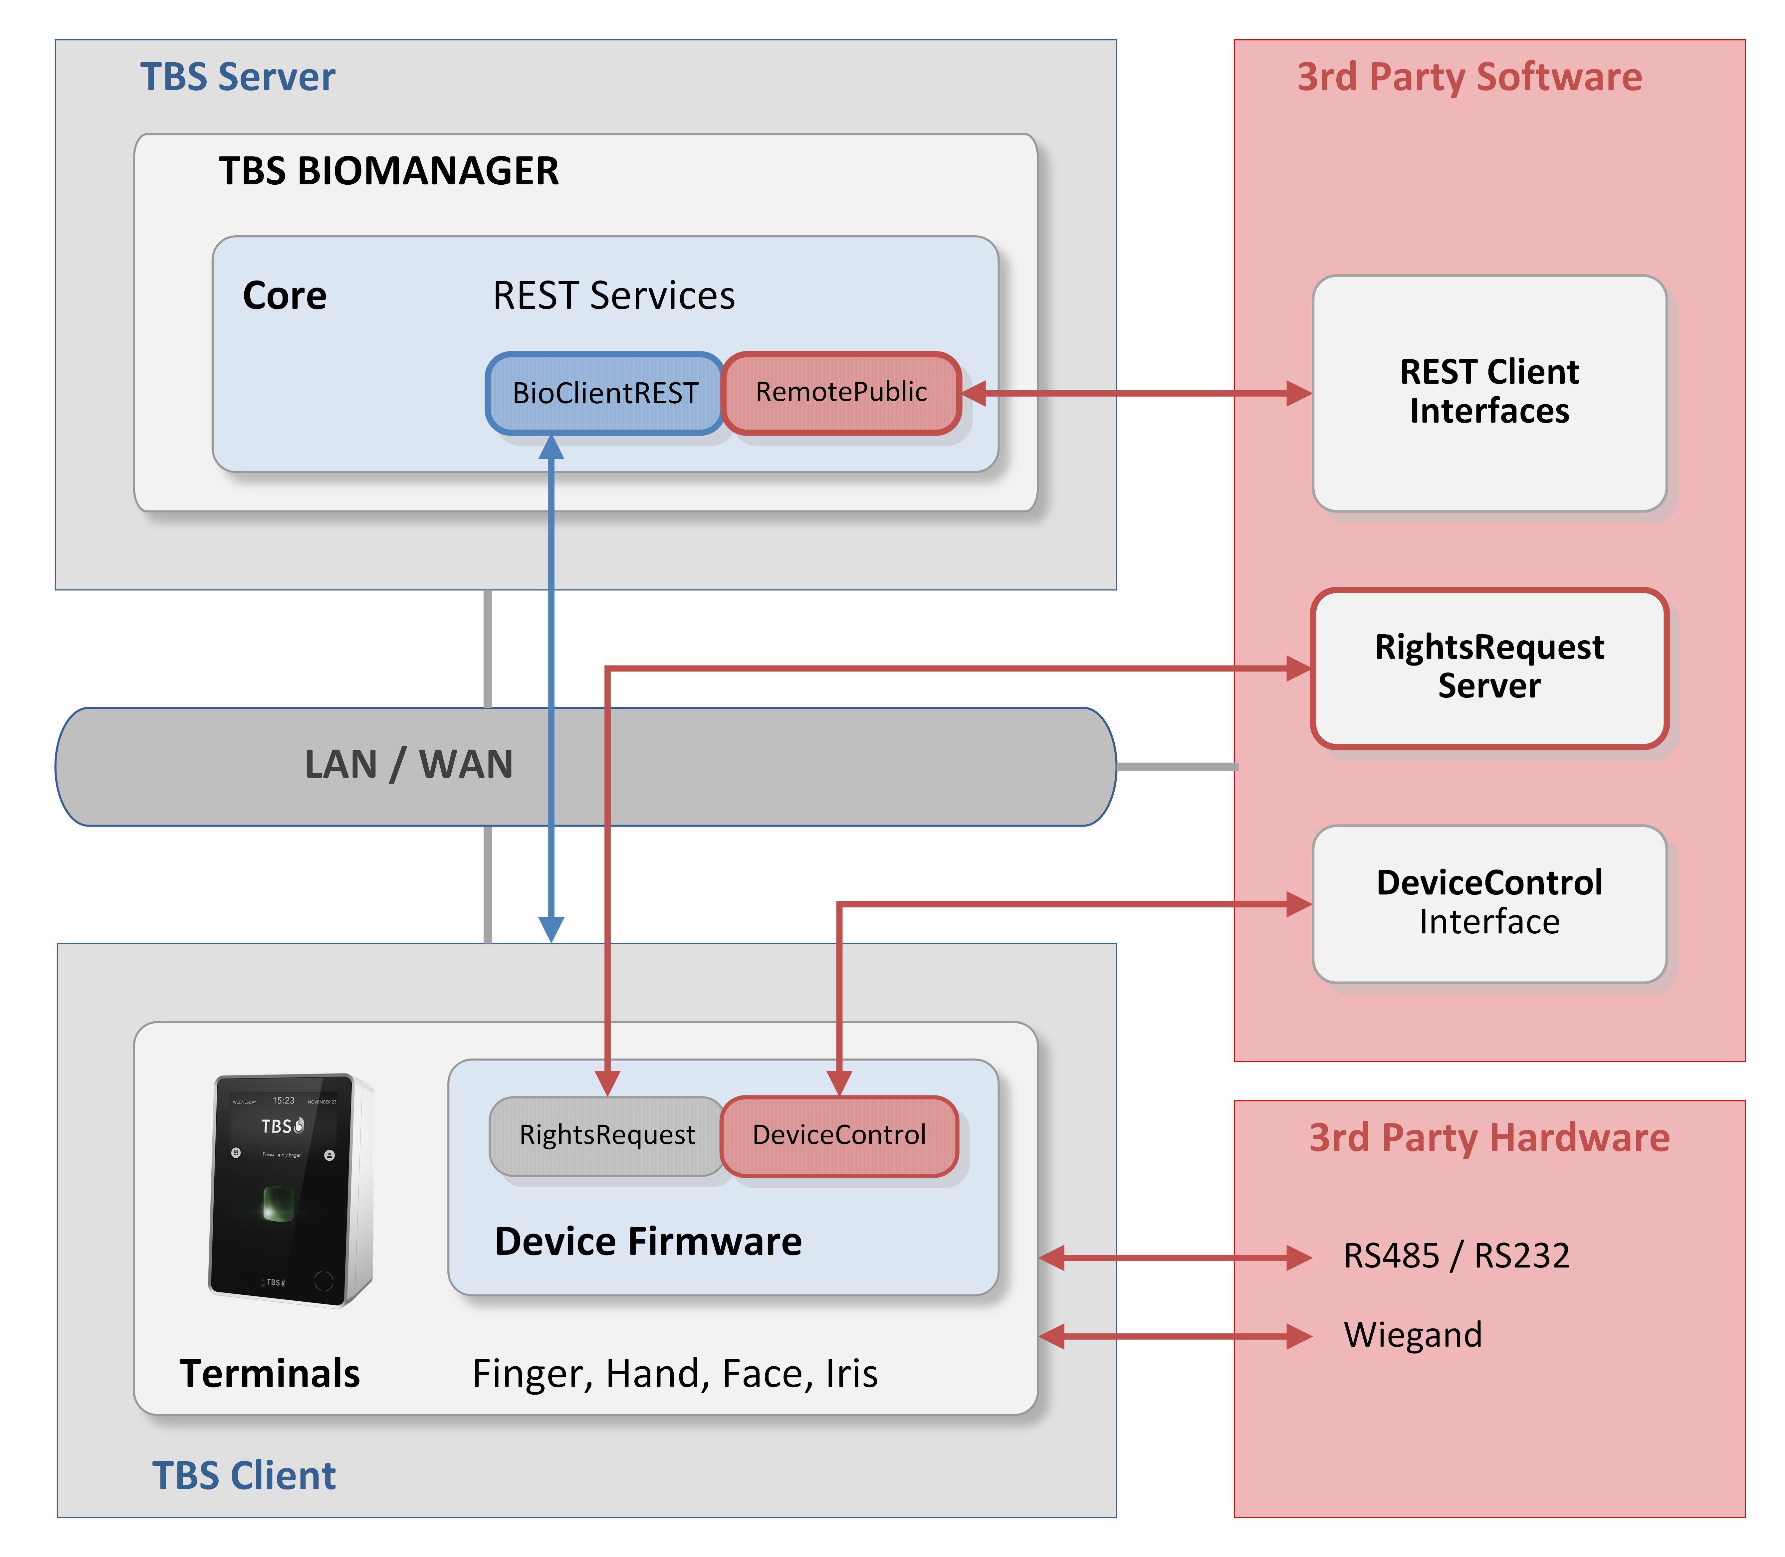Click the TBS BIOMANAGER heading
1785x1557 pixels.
[388, 171]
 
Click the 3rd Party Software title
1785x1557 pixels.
[1469, 77]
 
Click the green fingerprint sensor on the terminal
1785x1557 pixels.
[278, 1203]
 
